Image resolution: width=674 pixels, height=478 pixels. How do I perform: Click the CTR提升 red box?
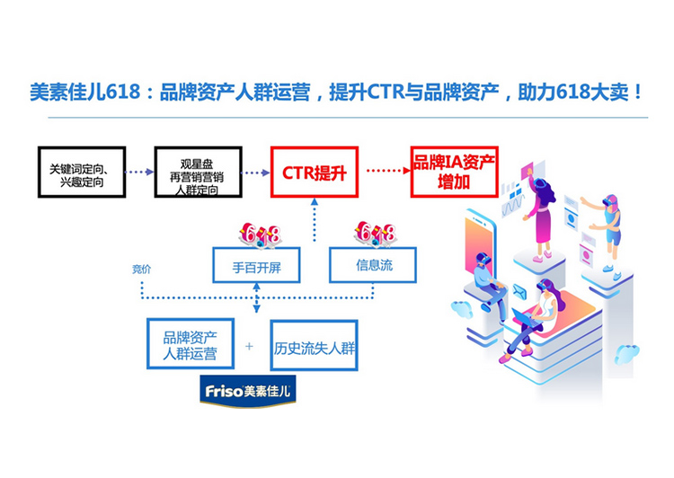[x=315, y=172]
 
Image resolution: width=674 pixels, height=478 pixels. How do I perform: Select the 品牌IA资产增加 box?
[x=454, y=172]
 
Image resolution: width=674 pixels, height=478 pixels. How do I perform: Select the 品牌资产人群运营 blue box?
[x=190, y=344]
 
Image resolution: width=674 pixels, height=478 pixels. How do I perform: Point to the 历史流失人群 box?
[x=315, y=344]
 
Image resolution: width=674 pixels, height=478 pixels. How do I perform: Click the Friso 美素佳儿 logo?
[x=247, y=392]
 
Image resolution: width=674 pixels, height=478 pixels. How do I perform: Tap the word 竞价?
[x=142, y=269]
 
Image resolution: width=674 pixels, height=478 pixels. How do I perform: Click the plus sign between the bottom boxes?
[x=250, y=346]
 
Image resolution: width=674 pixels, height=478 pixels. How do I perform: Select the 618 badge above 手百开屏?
[x=260, y=235]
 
